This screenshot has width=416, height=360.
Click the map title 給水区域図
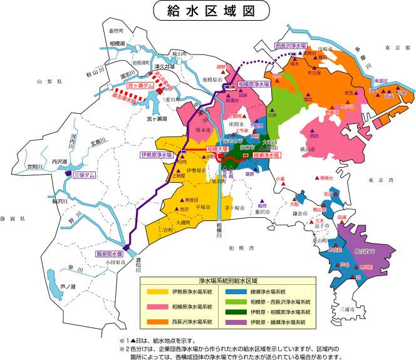[208, 11]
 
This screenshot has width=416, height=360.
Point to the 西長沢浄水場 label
[291, 46]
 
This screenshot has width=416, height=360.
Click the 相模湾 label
[241, 248]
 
